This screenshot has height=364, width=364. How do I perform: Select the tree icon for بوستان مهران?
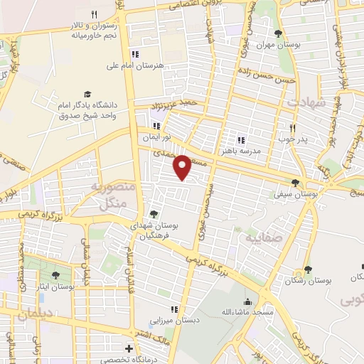278,33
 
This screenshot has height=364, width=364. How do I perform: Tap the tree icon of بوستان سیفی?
295,183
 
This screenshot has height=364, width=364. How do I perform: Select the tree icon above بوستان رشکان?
308,269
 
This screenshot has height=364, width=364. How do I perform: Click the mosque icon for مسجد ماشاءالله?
247,301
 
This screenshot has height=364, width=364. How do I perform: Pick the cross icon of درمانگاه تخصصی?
128,348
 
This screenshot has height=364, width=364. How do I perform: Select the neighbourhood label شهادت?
305,102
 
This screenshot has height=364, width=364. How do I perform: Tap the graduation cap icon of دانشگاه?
87,95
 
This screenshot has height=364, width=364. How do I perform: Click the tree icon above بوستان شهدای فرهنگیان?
154,213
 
